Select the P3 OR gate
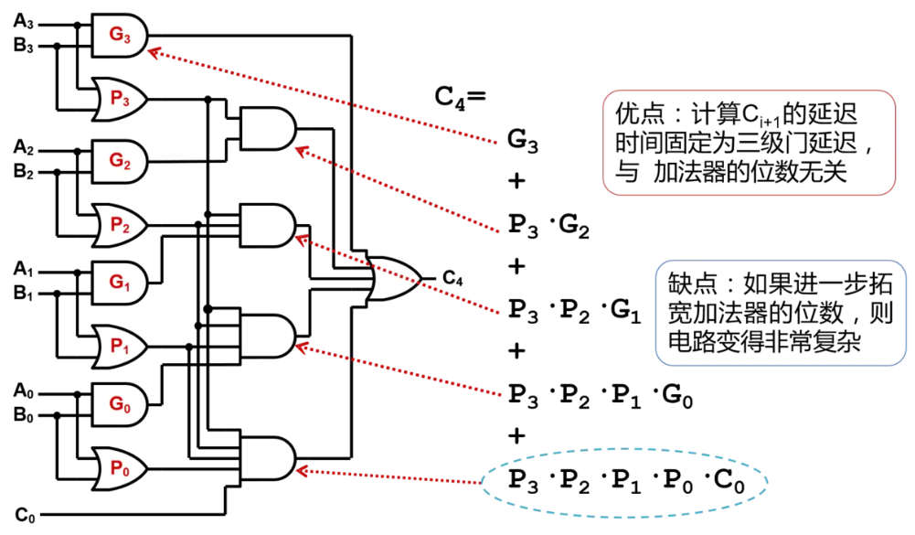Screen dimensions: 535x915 pos(120,100)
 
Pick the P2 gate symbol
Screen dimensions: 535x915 pos(120,224)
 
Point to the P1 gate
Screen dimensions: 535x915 pos(120,347)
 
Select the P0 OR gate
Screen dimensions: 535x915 pos(120,467)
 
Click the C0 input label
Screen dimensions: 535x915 pos(25,515)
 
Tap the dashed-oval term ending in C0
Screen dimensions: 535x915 pos(625,479)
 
